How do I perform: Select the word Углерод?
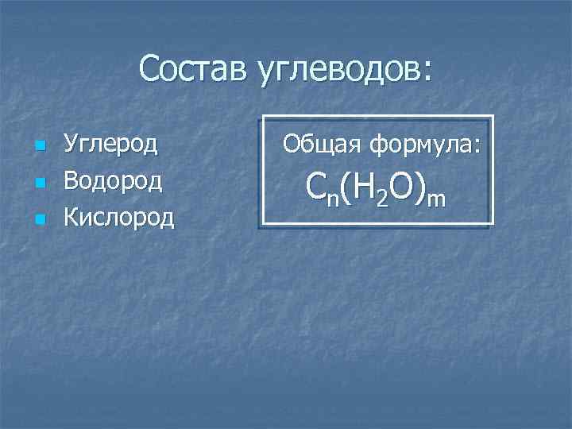click(x=110, y=145)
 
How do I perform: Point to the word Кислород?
click(x=118, y=216)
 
